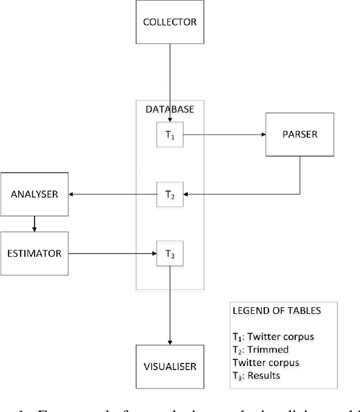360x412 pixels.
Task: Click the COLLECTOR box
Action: click(170, 22)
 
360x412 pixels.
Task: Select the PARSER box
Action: click(300, 134)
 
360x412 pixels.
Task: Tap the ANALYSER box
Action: click(35, 194)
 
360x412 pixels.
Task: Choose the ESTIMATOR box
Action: click(35, 253)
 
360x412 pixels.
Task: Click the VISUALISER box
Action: click(170, 367)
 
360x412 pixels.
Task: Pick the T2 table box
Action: click(170, 195)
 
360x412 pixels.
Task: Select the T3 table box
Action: click(170, 253)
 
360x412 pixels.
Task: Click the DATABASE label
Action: click(170, 110)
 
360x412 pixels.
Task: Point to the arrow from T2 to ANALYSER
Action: click(112, 194)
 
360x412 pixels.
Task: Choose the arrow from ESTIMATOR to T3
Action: click(112, 253)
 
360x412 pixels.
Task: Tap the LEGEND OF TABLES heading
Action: click(269, 310)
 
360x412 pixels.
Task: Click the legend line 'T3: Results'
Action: click(257, 376)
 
